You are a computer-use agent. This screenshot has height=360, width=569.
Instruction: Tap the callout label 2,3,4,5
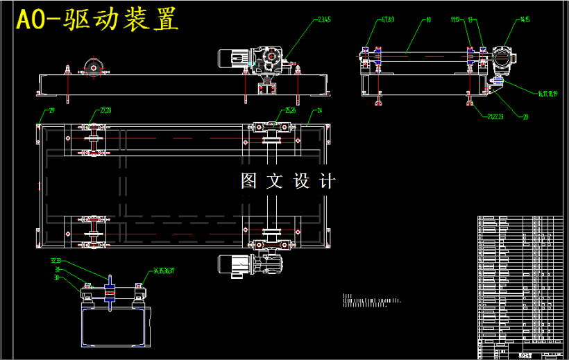click(324, 20)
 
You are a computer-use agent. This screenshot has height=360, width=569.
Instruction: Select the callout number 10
click(429, 20)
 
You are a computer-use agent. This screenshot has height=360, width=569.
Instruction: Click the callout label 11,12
click(455, 20)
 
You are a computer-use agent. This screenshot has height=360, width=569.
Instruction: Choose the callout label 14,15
click(525, 20)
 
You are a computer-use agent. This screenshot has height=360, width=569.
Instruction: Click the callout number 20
click(525, 117)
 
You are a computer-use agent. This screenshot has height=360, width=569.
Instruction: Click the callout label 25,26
click(291, 110)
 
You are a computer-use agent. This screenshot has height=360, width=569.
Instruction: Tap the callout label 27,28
click(105, 110)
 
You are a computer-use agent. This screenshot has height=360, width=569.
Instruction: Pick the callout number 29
click(51, 110)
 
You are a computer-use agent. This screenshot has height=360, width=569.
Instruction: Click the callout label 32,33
click(56, 261)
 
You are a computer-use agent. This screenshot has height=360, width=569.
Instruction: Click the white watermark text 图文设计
click(288, 181)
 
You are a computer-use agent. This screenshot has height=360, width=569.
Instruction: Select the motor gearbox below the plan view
click(250, 265)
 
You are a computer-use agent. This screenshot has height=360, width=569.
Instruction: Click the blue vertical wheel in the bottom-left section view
click(109, 294)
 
